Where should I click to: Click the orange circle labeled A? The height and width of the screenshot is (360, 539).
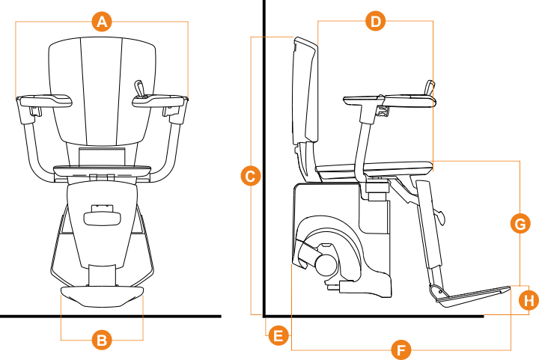point(103,22)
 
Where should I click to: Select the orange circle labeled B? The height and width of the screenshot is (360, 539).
point(102,341)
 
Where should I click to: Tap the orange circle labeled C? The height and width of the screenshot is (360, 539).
point(252,177)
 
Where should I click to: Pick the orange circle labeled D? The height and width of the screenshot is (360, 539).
point(376,21)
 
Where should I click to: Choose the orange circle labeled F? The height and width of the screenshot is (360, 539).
point(401,349)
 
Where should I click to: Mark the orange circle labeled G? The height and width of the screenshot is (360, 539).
point(519,223)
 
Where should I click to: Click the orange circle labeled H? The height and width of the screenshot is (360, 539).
point(529,301)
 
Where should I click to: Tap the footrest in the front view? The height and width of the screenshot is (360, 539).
point(102,296)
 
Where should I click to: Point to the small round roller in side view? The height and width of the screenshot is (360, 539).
point(326,263)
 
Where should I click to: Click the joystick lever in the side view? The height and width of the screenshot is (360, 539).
point(430,87)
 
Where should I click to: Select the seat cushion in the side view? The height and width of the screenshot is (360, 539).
point(374,168)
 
